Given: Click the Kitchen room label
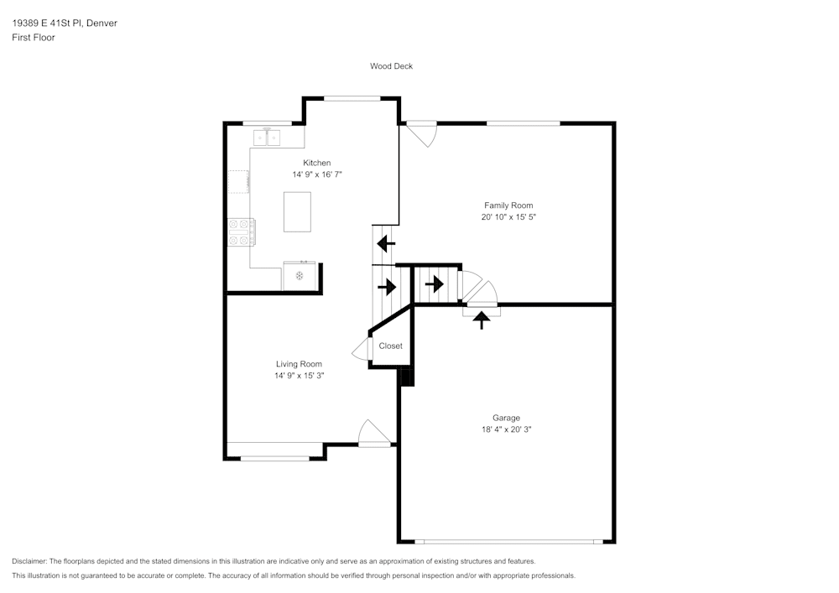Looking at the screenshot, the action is [x=317, y=163].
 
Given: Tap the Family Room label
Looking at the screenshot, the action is [x=508, y=205].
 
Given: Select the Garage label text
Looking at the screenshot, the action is [x=506, y=419].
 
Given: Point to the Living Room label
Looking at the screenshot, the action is [x=299, y=364].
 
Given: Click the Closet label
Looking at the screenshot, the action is [x=391, y=346].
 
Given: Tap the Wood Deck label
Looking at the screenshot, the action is [x=391, y=66].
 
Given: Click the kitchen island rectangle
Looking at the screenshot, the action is [x=297, y=211].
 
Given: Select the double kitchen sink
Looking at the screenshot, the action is [x=267, y=138].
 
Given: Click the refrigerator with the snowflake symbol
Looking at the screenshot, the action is [x=300, y=276].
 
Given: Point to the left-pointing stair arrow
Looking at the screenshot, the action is [x=386, y=244].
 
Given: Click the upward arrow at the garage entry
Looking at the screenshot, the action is [x=482, y=320].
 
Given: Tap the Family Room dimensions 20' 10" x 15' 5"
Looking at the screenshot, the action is [x=508, y=217].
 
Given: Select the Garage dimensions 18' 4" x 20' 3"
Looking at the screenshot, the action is [x=506, y=429].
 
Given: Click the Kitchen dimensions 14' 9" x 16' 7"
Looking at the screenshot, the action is [x=317, y=174].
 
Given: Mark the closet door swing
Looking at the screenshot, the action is [x=361, y=350].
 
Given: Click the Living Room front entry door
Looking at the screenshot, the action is [x=374, y=434].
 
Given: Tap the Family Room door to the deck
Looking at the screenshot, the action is [x=422, y=133].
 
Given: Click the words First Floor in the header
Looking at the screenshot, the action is [x=34, y=38].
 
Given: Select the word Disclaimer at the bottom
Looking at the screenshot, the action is [x=29, y=561].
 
